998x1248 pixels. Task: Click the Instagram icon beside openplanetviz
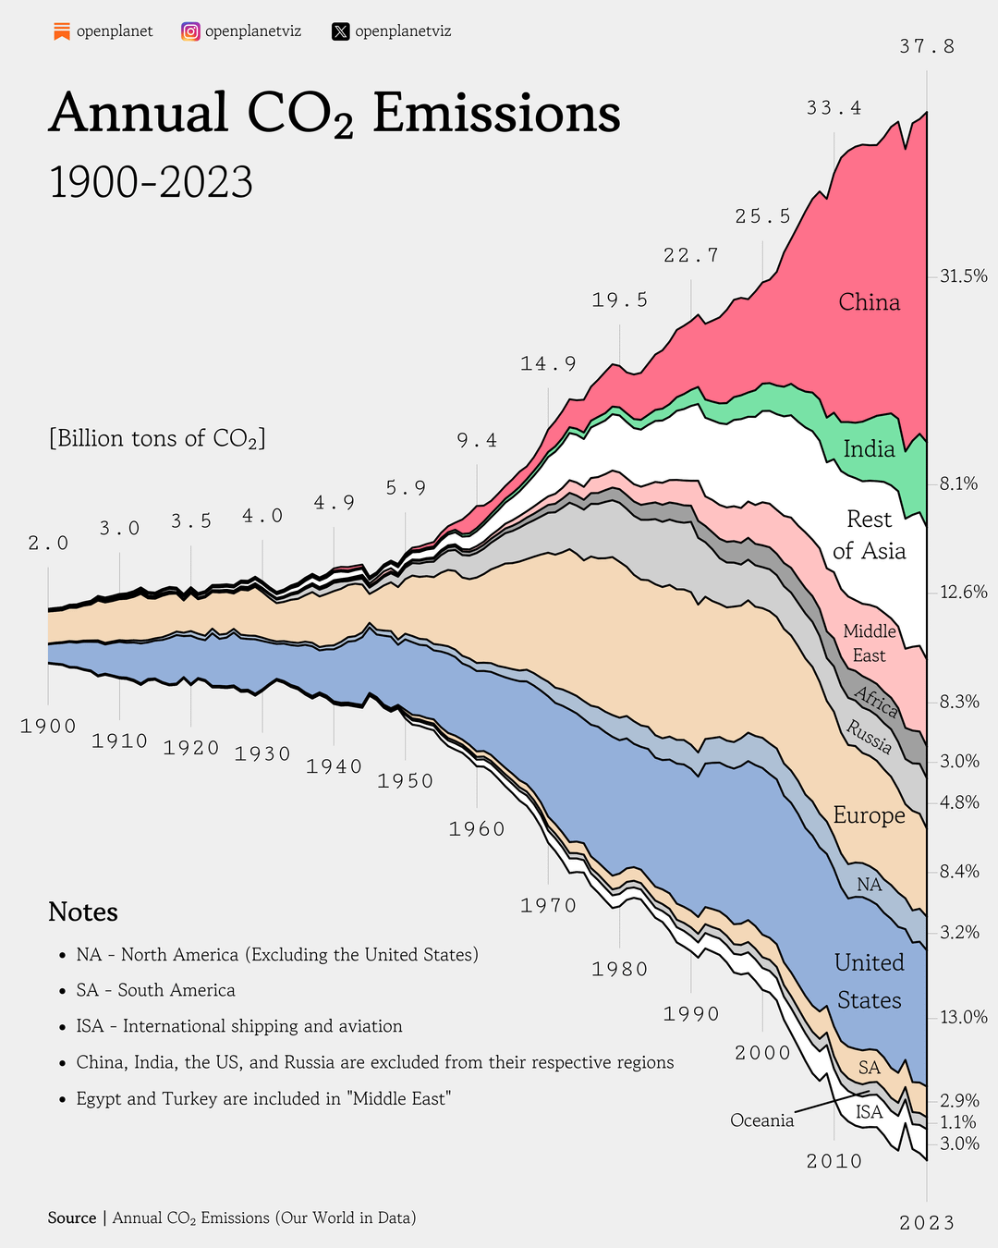[190, 31]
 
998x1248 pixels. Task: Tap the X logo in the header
[340, 31]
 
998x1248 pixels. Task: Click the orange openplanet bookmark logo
[62, 31]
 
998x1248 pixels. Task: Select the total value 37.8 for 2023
[927, 46]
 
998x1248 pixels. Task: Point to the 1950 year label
[405, 781]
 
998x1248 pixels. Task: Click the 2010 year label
[834, 1162]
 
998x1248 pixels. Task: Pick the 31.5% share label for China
[963, 275]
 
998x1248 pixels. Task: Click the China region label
[869, 302]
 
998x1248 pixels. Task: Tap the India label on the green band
[869, 449]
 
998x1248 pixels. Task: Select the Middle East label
[870, 643]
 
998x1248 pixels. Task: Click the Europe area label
[869, 815]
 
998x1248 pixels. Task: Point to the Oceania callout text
[761, 1120]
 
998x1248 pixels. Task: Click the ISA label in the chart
[869, 1112]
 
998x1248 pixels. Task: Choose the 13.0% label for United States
[963, 1017]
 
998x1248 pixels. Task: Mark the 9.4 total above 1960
[477, 441]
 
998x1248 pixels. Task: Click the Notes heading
[83, 912]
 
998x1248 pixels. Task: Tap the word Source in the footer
[72, 1218]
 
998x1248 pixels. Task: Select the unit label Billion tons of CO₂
[157, 438]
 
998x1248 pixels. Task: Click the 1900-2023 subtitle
[151, 182]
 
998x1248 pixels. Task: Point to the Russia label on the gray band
[870, 737]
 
